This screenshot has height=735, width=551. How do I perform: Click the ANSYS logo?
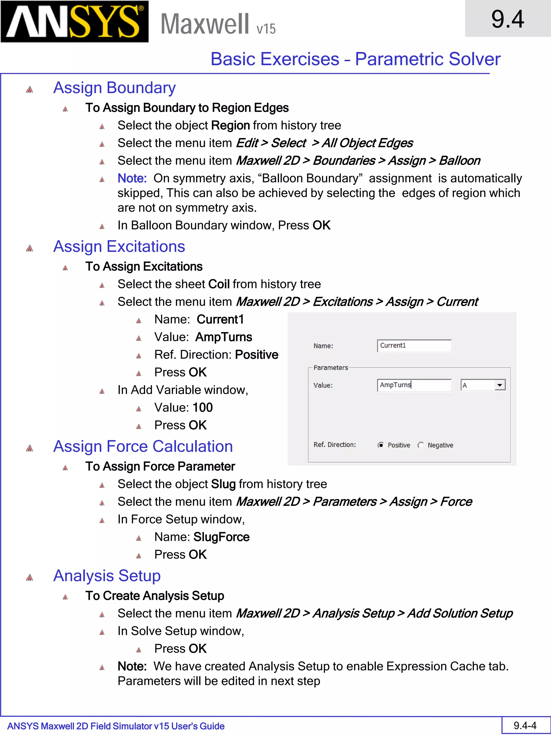coord(75,22)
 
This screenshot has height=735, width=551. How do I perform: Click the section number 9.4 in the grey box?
coord(507,19)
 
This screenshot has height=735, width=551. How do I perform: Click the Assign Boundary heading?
coord(114,88)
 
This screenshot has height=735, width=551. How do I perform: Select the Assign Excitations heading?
coord(119,247)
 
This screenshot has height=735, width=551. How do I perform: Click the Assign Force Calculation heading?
coord(143,446)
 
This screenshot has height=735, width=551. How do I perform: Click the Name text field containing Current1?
coord(414,346)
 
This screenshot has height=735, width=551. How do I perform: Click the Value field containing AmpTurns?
coord(414,385)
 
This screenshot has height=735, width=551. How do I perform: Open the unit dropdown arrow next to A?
coord(500,385)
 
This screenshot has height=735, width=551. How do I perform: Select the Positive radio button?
coord(381,445)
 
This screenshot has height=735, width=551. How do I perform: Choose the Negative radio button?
coord(421,445)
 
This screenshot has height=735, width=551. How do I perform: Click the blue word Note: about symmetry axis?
coord(132,178)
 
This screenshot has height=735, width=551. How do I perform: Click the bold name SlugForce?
coord(221,537)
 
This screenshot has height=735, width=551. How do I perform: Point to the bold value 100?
coord(203,408)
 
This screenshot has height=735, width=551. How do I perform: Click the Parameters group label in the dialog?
coord(330,368)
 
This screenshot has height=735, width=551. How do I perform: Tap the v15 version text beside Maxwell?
coord(266,29)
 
